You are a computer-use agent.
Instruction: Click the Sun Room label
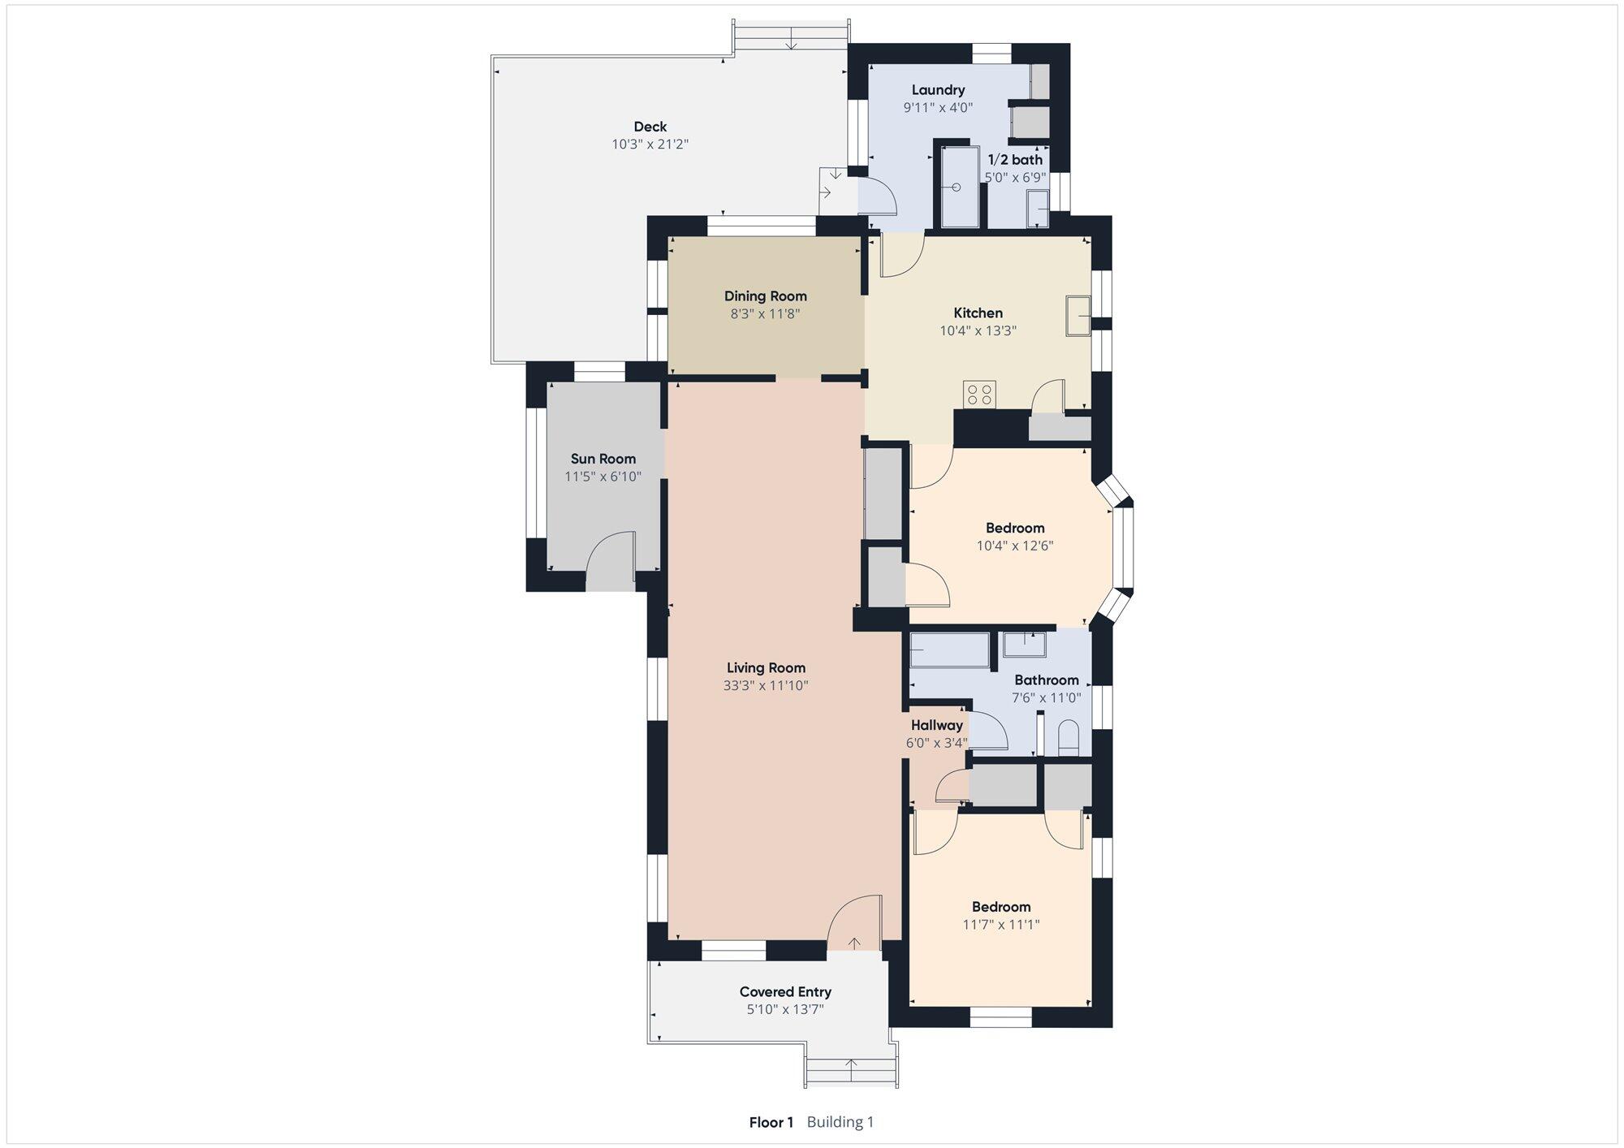pyautogui.click(x=603, y=459)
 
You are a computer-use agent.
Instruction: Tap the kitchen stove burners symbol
pyautogui.click(x=980, y=395)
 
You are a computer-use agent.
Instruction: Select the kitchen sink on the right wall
pyautogui.click(x=1078, y=316)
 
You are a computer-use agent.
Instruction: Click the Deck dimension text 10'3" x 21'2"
pyautogui.click(x=650, y=145)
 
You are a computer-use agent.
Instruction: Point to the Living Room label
pyautogui.click(x=766, y=668)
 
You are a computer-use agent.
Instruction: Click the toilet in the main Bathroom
pyautogui.click(x=1069, y=738)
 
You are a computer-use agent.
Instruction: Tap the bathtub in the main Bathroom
pyautogui.click(x=949, y=650)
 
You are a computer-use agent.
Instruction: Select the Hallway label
pyautogui.click(x=937, y=725)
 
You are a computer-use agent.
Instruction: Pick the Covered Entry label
pyautogui.click(x=785, y=991)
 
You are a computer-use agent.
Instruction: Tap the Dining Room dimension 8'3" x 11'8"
pyautogui.click(x=766, y=314)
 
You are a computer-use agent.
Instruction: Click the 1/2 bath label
pyautogui.click(x=1015, y=160)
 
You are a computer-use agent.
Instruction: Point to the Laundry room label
pyautogui.click(x=938, y=90)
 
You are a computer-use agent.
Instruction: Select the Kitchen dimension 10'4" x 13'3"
pyautogui.click(x=978, y=330)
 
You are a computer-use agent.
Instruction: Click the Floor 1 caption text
pyautogui.click(x=771, y=1122)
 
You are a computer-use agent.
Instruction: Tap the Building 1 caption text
pyautogui.click(x=840, y=1122)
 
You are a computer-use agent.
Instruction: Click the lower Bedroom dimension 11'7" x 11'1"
pyautogui.click(x=1001, y=924)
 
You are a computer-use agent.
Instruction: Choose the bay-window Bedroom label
pyautogui.click(x=1015, y=528)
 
